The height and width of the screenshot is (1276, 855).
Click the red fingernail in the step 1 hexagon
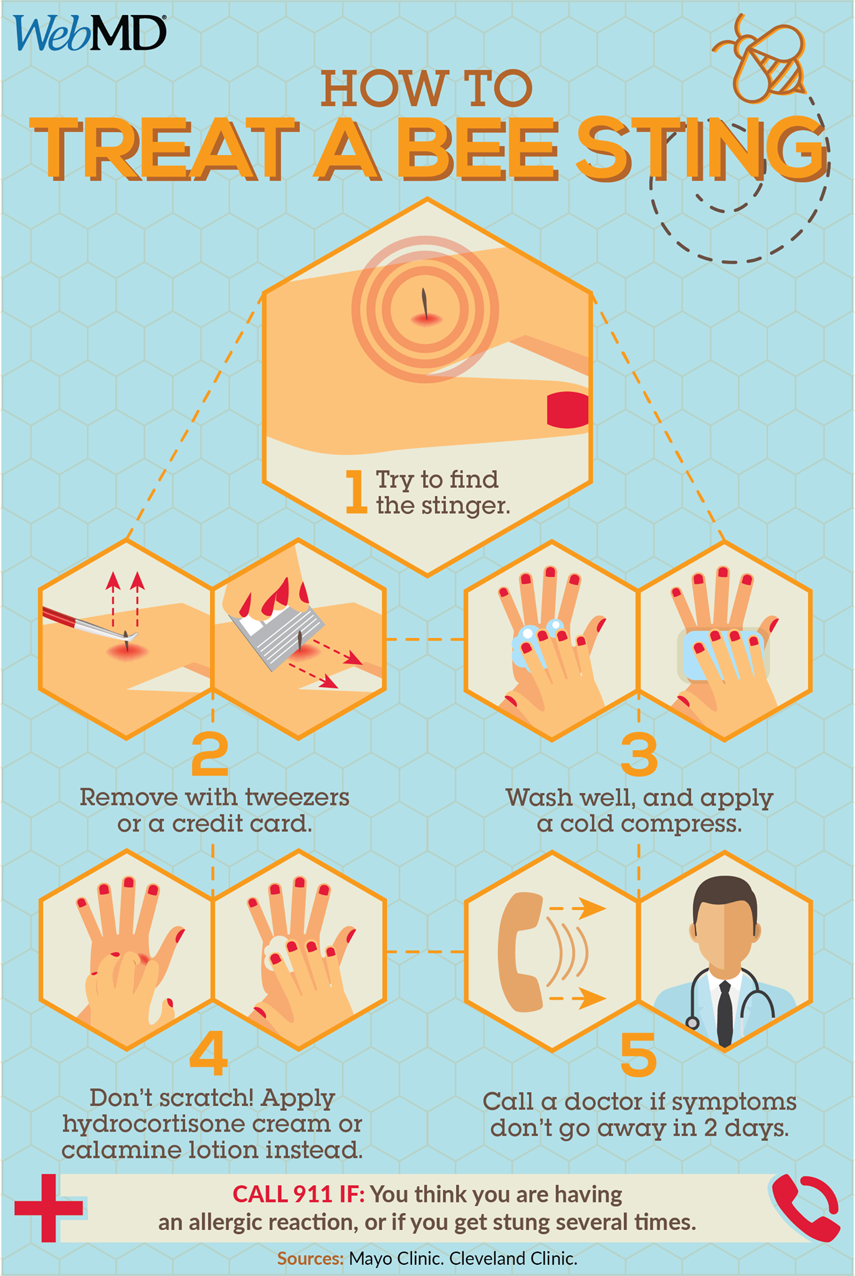click(568, 410)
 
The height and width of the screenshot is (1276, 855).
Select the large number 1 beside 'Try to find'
click(356, 492)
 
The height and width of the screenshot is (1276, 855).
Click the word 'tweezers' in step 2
click(297, 797)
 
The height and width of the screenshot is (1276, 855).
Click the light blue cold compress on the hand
click(723, 654)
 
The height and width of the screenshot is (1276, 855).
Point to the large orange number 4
click(208, 1052)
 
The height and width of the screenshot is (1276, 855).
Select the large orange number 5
click(639, 1055)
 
